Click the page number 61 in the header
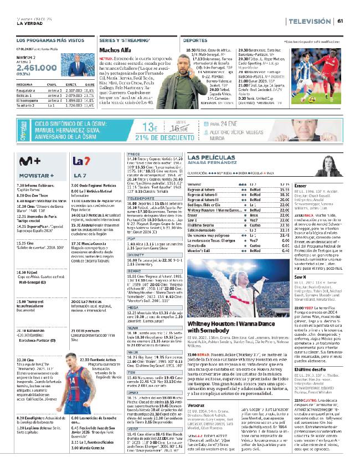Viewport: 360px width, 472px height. point(341,21)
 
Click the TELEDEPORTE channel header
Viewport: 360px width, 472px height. point(141,198)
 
